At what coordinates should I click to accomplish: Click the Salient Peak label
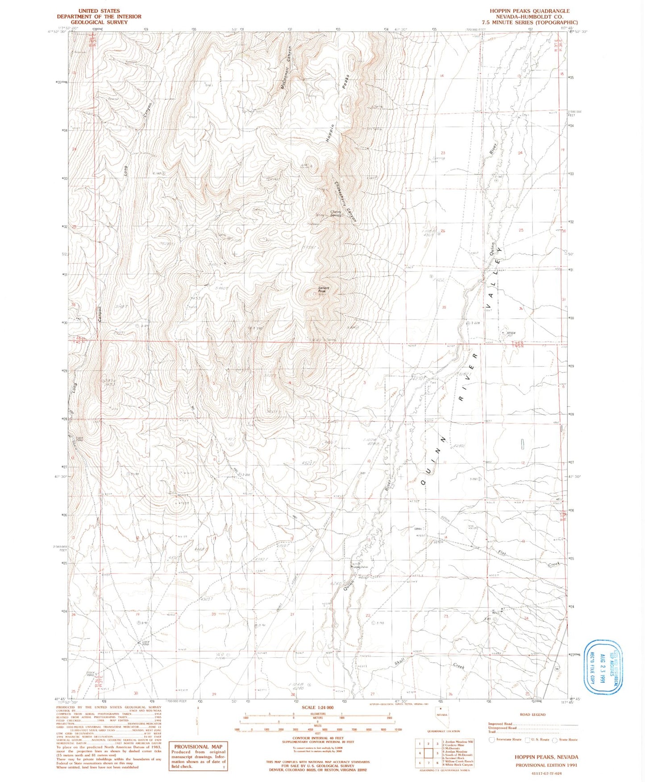324,290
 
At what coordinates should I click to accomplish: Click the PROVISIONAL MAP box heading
197,746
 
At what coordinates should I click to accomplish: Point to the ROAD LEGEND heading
532,715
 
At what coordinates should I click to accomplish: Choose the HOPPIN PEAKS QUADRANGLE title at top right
529,11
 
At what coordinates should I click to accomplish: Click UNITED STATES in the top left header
99,11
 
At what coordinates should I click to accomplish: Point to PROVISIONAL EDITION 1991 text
546,765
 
